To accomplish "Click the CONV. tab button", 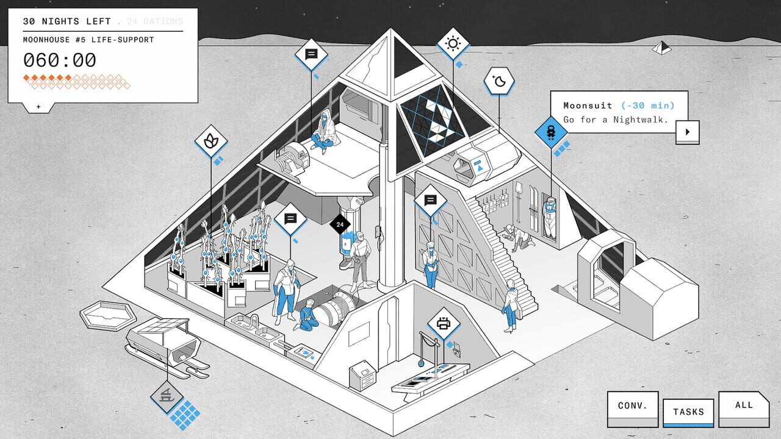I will [632, 406].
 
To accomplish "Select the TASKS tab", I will [688, 412].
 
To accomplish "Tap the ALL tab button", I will [744, 405].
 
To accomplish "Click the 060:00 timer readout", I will [60, 60].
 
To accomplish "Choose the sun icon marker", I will [453, 43].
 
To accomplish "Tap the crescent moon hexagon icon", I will [500, 81].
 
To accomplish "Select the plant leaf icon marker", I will [211, 141].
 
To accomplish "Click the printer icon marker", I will [444, 324].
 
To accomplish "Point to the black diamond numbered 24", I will [340, 224].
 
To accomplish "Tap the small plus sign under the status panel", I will [38, 107].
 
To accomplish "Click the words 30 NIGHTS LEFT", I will [67, 21].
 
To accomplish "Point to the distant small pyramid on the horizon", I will [661, 47].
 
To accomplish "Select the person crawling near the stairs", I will [519, 238].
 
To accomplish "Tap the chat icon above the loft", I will [311, 54].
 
